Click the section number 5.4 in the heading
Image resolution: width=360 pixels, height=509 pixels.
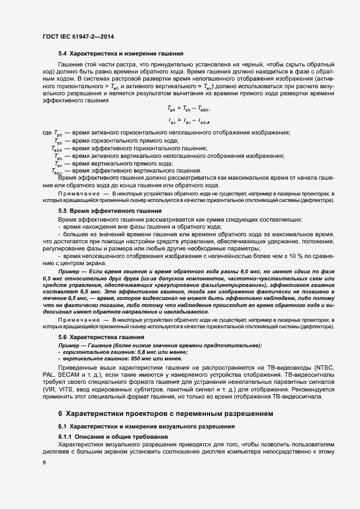(63, 53)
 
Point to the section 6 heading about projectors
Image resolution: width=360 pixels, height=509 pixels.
(164, 414)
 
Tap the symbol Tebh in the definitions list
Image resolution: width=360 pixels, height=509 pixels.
(57, 149)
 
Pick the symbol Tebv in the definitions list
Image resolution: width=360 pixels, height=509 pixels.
(57, 171)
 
